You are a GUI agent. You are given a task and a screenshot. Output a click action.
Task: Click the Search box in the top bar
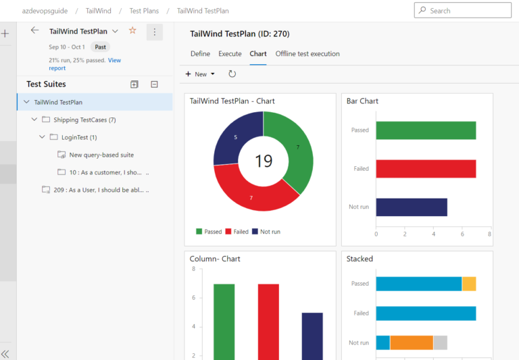point(466,11)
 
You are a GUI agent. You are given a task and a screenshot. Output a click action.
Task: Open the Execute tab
point(230,54)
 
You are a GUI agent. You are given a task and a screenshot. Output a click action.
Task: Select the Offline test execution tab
point(307,54)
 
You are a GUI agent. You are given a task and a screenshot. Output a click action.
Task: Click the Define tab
point(200,54)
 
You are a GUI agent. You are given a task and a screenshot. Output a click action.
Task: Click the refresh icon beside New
point(232,74)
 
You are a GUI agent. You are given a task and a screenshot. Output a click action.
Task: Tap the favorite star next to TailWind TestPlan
point(132,31)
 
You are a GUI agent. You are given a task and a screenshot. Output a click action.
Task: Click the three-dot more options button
point(155,32)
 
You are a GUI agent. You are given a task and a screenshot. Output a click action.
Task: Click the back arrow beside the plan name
point(35,31)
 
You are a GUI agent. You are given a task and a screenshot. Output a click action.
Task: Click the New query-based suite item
point(101,155)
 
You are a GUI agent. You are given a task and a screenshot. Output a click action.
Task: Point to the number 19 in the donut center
point(264,161)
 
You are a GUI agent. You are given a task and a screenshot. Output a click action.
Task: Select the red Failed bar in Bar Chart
point(426,169)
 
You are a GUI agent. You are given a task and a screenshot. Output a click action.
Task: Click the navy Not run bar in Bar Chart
point(412,207)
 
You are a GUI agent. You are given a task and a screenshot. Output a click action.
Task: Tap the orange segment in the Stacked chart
point(412,342)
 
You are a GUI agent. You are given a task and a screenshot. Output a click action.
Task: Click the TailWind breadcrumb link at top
point(99,11)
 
